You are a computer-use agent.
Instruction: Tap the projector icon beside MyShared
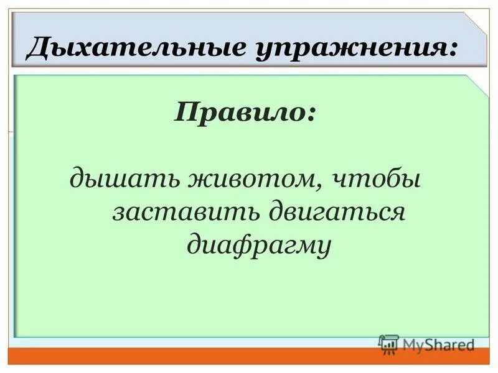[x=388, y=344]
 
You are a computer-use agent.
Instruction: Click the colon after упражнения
[x=459, y=50]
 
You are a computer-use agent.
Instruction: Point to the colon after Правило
[x=309, y=114]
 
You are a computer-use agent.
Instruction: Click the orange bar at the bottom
[x=249, y=357]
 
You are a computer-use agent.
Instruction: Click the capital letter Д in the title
[x=38, y=48]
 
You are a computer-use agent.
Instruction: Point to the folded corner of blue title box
[x=477, y=22]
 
